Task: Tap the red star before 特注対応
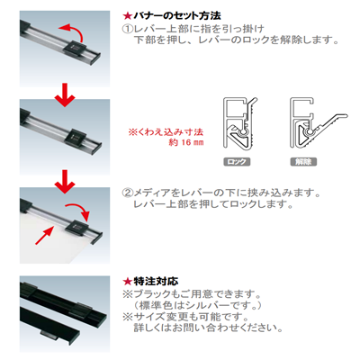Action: click(126, 281)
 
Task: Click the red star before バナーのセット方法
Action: click(126, 13)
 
